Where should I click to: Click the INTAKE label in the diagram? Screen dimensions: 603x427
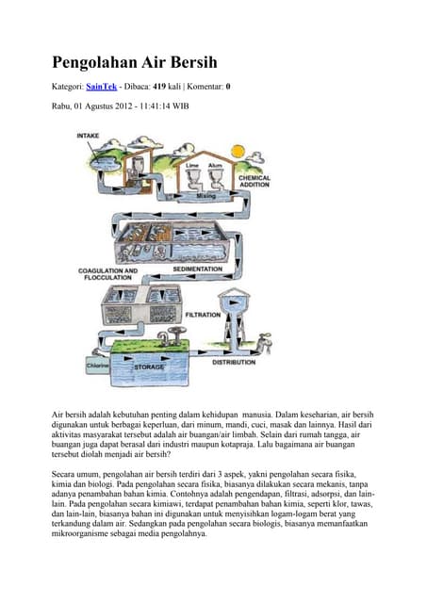(88, 136)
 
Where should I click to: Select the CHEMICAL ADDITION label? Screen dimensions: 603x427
(255, 181)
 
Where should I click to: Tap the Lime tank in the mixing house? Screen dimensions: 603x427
(192, 174)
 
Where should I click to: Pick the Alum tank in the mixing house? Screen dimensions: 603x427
(216, 174)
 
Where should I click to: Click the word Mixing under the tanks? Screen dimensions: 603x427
(206, 197)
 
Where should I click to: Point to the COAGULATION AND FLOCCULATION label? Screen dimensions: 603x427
(107, 274)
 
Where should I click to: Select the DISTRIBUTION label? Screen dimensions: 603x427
(233, 362)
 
